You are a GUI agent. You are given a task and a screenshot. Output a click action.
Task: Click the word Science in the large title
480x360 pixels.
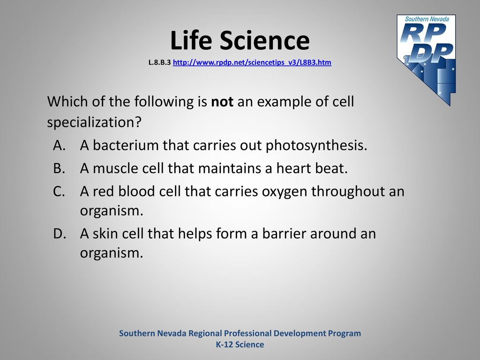[x=264, y=40]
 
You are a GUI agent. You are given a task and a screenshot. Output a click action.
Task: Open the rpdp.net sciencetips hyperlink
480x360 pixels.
[x=252, y=62]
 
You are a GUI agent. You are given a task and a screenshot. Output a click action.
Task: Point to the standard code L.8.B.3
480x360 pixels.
[x=159, y=62]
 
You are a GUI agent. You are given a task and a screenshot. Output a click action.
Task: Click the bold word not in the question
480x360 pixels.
[x=222, y=102]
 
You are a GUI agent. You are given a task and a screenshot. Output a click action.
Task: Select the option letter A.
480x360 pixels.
[x=60, y=145]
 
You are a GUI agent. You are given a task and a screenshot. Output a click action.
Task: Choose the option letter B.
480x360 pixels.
[x=59, y=168]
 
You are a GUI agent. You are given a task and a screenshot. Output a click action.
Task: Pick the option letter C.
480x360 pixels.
[x=59, y=191]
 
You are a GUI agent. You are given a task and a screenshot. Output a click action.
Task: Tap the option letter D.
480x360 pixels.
[x=60, y=233]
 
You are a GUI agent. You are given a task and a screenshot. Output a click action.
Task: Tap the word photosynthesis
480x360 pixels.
[x=316, y=146]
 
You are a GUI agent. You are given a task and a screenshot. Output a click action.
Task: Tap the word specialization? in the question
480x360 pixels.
[x=94, y=123]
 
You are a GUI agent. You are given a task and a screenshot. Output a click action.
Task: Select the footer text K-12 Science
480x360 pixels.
[x=240, y=345]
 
